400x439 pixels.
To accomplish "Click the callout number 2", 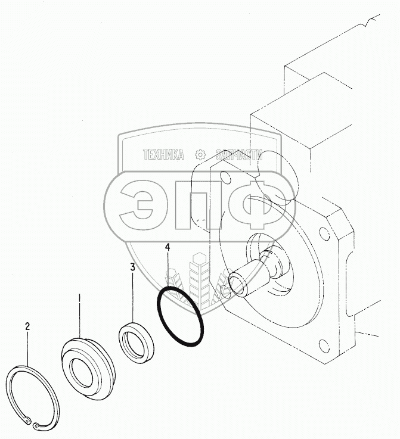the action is point(27,326).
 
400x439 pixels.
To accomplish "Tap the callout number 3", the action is point(132,267).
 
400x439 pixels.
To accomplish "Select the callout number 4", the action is point(168,247).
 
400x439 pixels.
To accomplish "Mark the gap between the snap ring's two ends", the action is point(32,424).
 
